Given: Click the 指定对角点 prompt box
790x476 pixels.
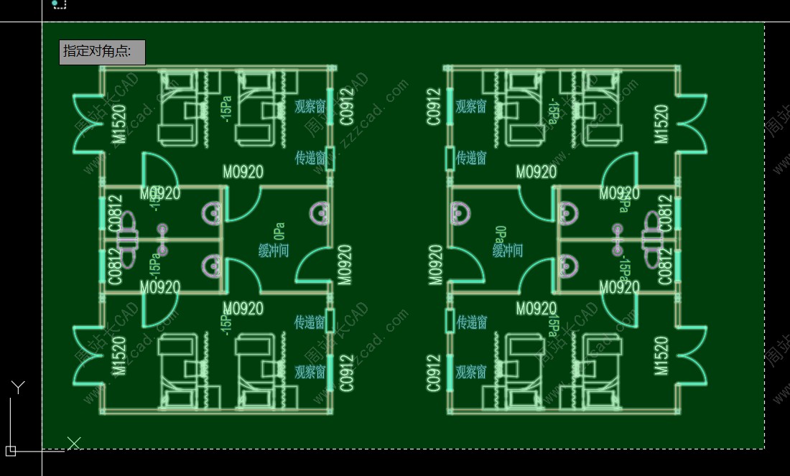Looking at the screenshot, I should pos(102,52).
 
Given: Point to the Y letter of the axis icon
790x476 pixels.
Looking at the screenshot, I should pos(18,388).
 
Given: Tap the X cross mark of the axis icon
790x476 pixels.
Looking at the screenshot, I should pos(73,443).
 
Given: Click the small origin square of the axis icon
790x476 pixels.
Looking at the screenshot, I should pos(10,451).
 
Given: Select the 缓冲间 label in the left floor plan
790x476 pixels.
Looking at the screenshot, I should pos(274,251).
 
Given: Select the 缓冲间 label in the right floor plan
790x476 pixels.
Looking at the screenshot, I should pos(508,251).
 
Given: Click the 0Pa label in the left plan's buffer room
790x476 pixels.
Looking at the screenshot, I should pos(279,231).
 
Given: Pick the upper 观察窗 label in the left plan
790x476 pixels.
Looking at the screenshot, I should pos(310,107).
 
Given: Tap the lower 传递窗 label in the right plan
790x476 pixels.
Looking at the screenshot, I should pos(472,322).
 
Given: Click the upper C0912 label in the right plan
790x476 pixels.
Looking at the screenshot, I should pos(433,107).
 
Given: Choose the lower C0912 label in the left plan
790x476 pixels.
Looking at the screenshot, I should pos(348,373).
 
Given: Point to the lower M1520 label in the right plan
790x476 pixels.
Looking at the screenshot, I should pos(661,357).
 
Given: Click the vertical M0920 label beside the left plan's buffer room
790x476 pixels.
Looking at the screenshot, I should pos(345,265).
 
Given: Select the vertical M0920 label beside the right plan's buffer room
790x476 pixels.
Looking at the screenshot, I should pos(435,265).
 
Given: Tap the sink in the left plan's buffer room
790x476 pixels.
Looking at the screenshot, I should pos(320,213).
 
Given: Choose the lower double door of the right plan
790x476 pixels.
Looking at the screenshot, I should pos(692,357).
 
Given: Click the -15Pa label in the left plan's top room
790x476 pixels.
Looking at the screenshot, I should pos(227,109).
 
